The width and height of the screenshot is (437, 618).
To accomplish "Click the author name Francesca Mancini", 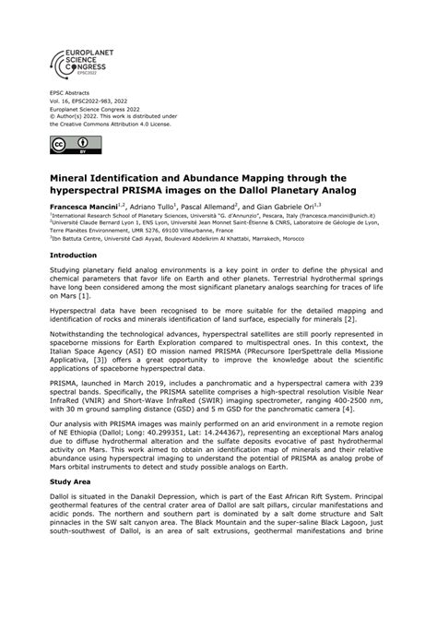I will point(89,205).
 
